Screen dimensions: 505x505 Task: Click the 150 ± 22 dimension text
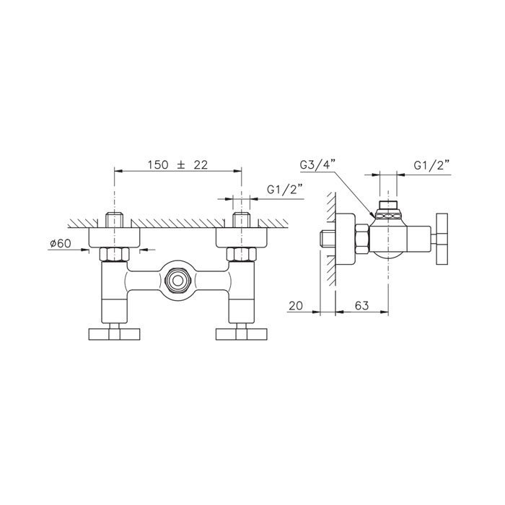[x=177, y=165]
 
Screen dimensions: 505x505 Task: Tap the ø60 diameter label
[x=61, y=244]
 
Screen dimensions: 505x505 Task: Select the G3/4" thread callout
[x=318, y=165]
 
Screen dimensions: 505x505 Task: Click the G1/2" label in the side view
[x=431, y=166]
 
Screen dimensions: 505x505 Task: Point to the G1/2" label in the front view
[x=285, y=190]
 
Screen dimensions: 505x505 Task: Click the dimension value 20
[x=296, y=305]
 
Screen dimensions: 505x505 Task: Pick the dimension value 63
[x=361, y=305]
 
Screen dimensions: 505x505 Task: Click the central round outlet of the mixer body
[x=177, y=281]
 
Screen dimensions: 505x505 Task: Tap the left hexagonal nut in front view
[x=114, y=254]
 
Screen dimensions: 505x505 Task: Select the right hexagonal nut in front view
[x=242, y=254]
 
